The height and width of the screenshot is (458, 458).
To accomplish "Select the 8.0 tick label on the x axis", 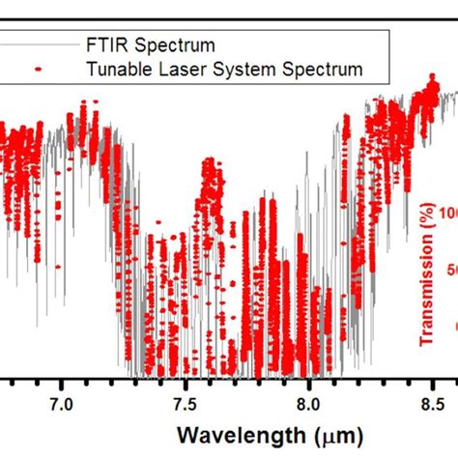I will tap(308, 399).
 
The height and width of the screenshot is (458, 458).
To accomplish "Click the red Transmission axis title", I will tap(426, 279).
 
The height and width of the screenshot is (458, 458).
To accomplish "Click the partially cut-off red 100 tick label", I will tap(447, 213).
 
